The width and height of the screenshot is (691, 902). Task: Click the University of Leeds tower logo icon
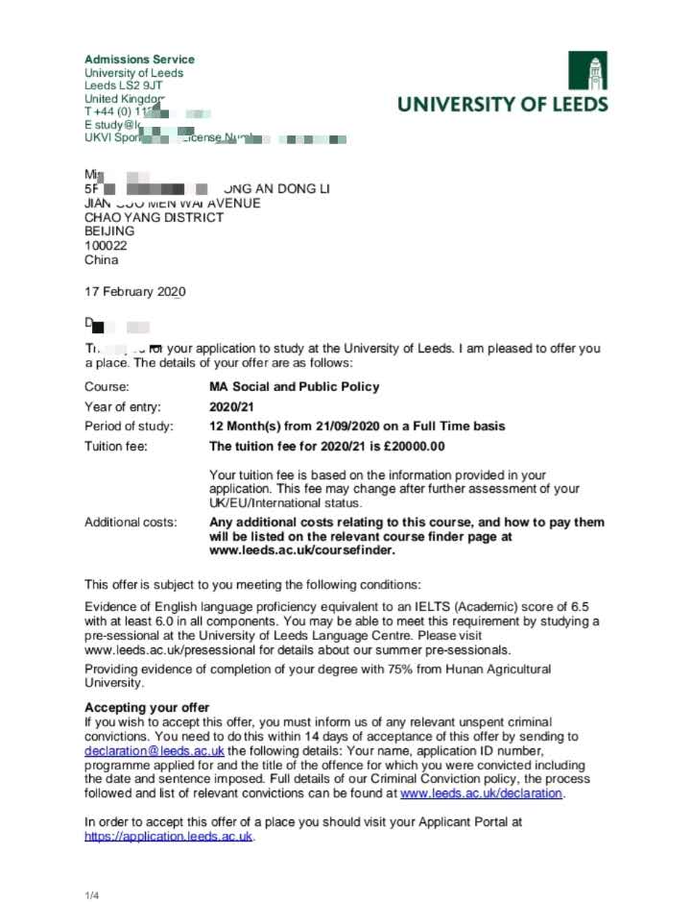[x=587, y=70]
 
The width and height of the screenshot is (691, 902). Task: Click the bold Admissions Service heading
[x=139, y=60]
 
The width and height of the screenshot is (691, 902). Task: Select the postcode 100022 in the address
[x=103, y=246]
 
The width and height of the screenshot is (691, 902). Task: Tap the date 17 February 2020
[x=135, y=292]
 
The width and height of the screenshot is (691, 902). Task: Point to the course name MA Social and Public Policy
[x=294, y=387]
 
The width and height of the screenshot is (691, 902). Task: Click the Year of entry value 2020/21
[x=231, y=406]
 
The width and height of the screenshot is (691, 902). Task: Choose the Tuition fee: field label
[x=116, y=447]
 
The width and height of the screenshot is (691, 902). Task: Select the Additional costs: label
[x=131, y=523]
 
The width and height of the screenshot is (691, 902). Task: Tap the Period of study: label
[x=130, y=426]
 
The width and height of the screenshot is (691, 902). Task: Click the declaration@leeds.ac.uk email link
[x=155, y=750]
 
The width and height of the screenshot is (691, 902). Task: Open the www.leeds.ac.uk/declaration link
[x=482, y=793]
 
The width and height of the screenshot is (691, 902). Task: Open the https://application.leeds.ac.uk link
[x=169, y=837]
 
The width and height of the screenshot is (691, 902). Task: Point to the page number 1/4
[x=92, y=896]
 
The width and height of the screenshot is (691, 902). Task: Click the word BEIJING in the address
[x=109, y=232]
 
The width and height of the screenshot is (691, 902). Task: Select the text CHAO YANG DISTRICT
[x=155, y=217]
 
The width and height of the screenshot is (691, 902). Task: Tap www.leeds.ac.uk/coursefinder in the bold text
[x=301, y=550]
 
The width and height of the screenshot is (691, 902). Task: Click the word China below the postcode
[x=102, y=259]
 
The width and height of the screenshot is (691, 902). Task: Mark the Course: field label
[x=107, y=387]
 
